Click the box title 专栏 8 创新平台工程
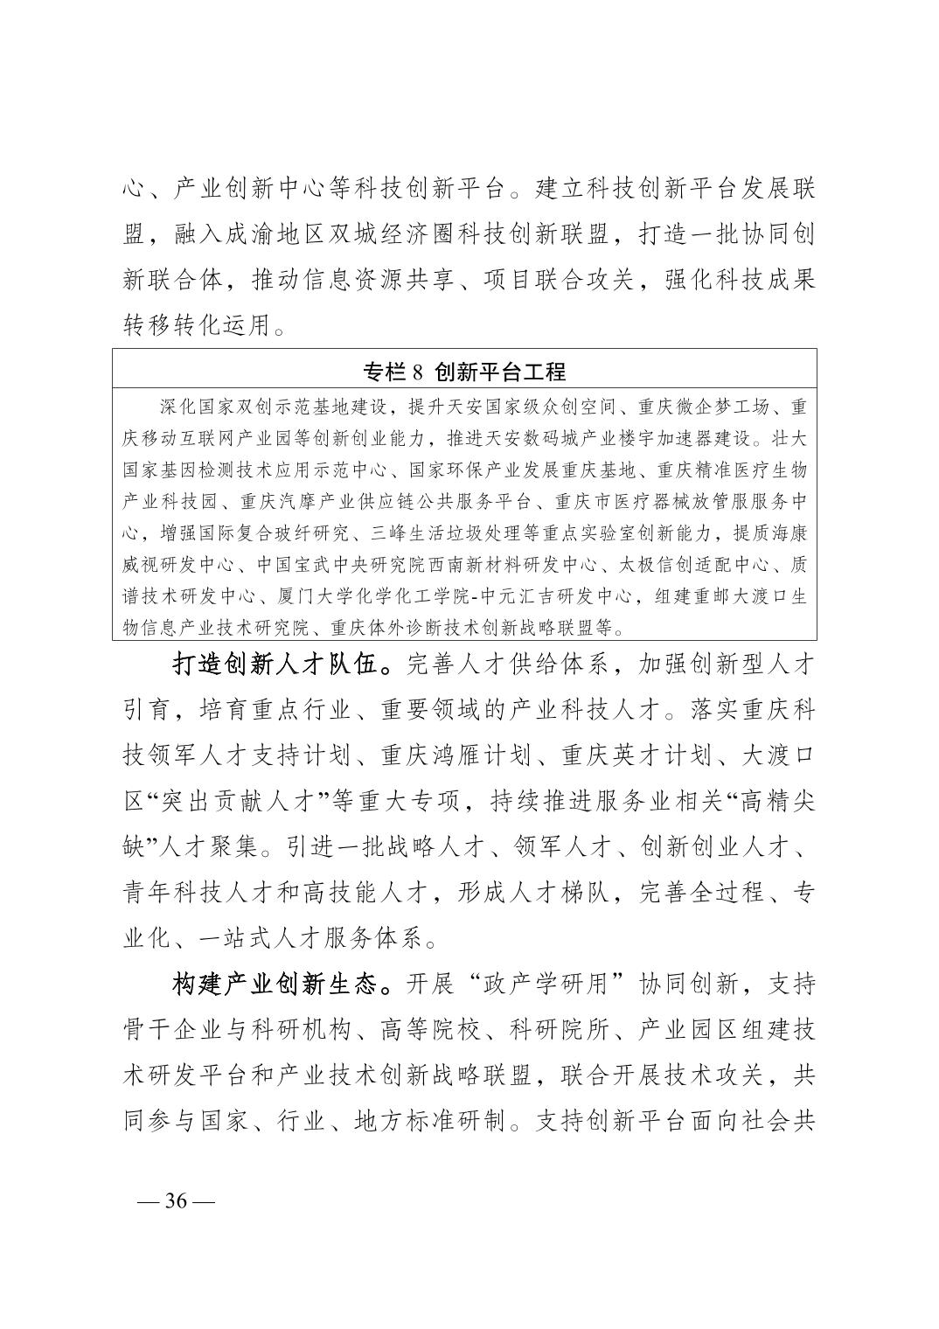tap(464, 372)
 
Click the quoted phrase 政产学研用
tap(549, 985)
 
